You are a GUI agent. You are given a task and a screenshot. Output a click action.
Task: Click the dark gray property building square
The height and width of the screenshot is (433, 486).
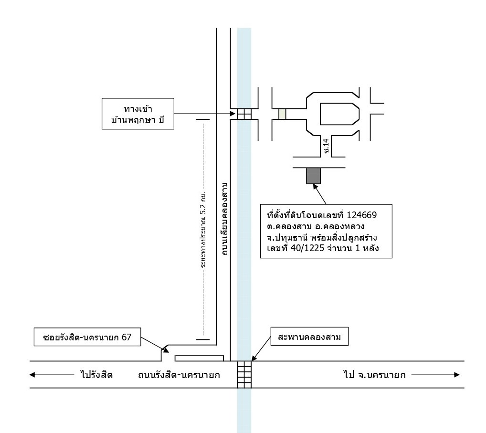pos(313,176)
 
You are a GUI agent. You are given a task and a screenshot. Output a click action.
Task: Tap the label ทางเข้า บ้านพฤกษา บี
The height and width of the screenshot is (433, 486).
pos(138,114)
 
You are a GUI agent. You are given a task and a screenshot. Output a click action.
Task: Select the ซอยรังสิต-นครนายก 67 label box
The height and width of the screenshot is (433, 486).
pos(87,337)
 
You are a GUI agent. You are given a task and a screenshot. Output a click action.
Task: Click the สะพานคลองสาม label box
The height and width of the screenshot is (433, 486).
pos(309,336)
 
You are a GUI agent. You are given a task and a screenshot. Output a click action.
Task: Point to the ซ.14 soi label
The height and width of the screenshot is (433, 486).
pos(326,146)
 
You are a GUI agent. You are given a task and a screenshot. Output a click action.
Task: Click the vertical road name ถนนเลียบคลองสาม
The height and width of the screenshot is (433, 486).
pos(225,219)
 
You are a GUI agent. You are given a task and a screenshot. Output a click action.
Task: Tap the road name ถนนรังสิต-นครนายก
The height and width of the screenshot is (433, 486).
pos(179,375)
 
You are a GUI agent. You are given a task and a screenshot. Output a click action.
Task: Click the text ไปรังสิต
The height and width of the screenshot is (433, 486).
pos(96,375)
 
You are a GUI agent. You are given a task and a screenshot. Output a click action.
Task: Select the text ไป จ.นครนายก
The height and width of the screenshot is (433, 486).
pos(374,375)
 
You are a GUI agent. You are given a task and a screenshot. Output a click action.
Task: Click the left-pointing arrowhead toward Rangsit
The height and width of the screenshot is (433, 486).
pos(32,375)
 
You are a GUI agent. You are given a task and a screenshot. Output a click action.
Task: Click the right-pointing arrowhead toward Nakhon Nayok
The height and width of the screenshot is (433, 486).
pos(457,375)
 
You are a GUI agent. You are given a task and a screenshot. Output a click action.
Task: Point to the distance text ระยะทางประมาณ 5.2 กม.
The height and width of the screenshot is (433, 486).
pos(203,229)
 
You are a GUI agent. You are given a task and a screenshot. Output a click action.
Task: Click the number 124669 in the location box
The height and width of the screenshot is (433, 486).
pos(362,215)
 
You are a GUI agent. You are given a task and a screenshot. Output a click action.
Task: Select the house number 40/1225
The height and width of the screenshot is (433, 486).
pos(307,248)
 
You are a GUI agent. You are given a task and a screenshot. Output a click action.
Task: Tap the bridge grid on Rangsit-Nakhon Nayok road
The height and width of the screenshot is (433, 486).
pos(244,374)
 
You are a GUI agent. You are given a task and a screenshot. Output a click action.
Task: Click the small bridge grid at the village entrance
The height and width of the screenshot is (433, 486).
pos(244,114)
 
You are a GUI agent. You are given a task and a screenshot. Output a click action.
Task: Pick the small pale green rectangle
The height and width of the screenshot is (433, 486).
pos(282,114)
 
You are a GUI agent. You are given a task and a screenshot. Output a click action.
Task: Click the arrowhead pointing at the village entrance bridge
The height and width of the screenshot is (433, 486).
pos(232,114)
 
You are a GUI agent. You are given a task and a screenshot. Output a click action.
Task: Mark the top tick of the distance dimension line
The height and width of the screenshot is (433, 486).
pos(203,119)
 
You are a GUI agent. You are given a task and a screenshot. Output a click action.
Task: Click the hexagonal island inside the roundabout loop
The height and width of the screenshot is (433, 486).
pos(339,114)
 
